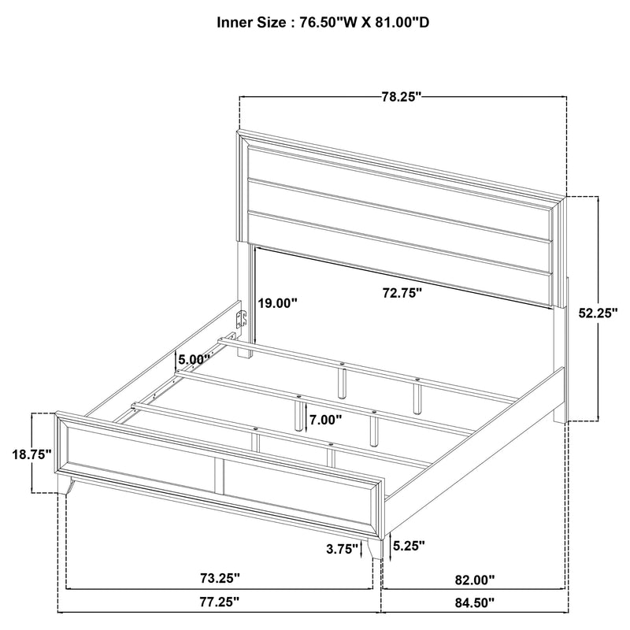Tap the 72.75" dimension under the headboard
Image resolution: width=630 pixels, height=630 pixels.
click(402, 293)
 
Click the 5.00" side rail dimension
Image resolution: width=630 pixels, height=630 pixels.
click(194, 359)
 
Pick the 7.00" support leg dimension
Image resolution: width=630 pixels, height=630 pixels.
click(325, 420)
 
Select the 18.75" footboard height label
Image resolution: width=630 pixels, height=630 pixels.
click(32, 454)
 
